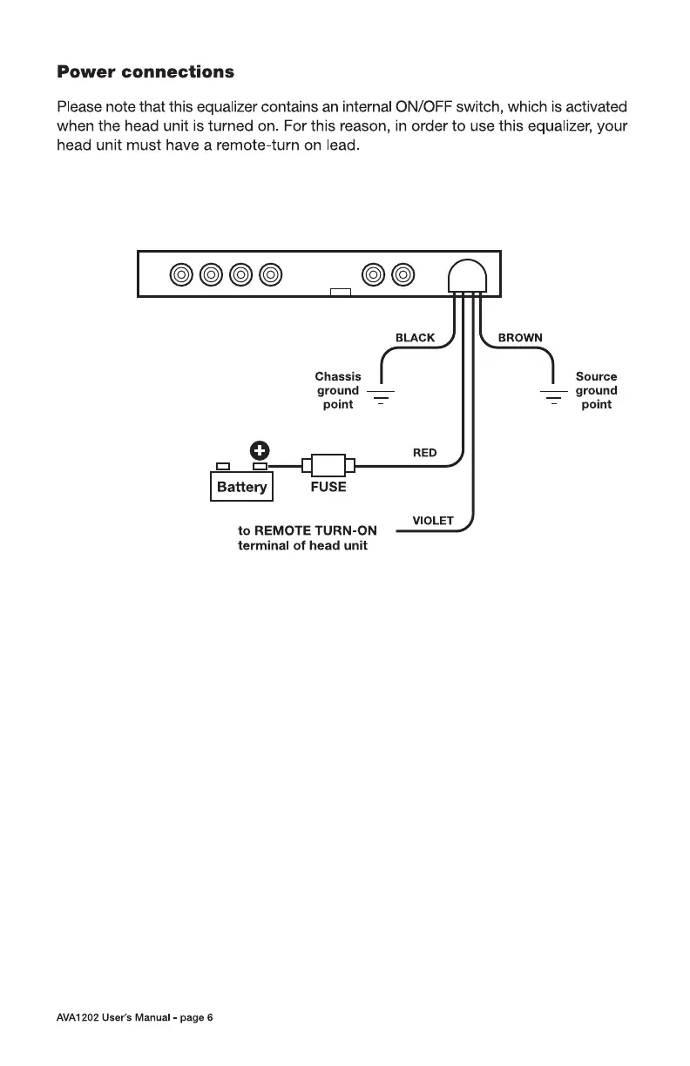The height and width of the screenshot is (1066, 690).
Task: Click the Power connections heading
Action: [x=145, y=71]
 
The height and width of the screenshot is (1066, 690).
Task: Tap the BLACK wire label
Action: [x=415, y=338]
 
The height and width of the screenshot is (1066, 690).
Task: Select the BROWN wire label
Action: [x=520, y=338]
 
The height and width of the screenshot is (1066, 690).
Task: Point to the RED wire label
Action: [x=424, y=453]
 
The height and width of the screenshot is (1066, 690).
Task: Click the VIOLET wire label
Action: [x=433, y=521]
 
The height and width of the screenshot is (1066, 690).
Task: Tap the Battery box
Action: [x=242, y=487]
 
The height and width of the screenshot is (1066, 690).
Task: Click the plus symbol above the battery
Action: [x=260, y=450]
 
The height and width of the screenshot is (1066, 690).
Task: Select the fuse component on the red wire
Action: [x=328, y=466]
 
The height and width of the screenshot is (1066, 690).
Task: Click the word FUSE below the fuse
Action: [x=328, y=488]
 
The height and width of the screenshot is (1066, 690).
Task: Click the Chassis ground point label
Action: [x=338, y=390]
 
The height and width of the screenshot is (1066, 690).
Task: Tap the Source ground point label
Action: [x=596, y=390]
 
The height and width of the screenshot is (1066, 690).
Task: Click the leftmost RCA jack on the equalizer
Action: [x=181, y=274]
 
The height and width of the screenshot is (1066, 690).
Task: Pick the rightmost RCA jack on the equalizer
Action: [x=402, y=274]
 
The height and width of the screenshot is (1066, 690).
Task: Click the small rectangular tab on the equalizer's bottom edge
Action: [x=341, y=292]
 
